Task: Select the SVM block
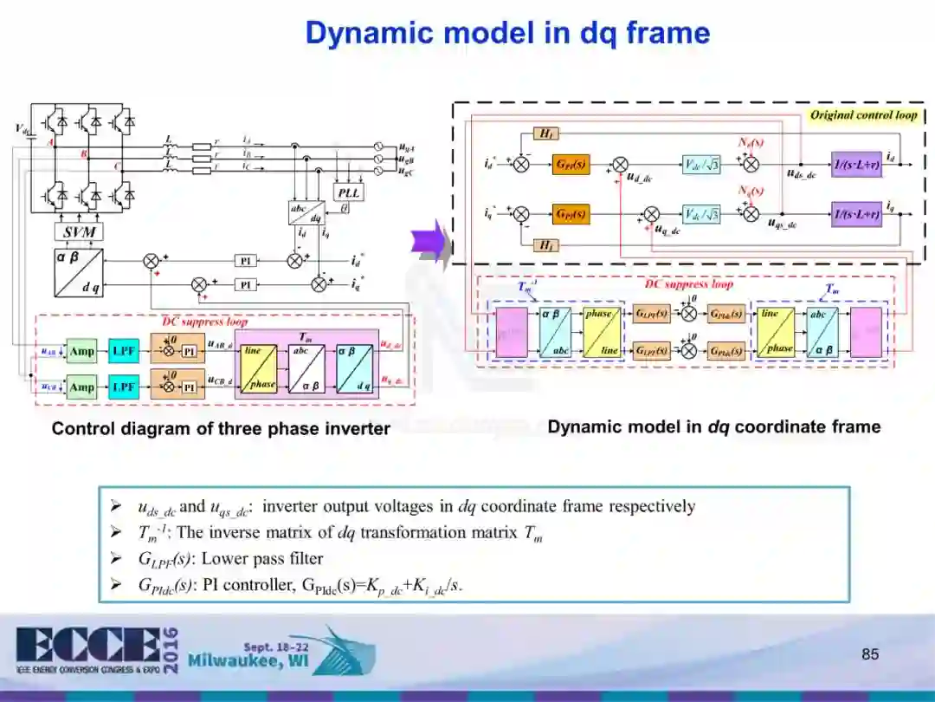pyautogui.click(x=79, y=231)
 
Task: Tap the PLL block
pyautogui.click(x=350, y=192)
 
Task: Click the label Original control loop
pyautogui.click(x=862, y=115)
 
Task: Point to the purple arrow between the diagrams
pyautogui.click(x=430, y=242)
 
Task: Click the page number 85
pyautogui.click(x=870, y=653)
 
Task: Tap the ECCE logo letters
pyautogui.click(x=87, y=646)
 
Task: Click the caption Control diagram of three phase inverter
pyautogui.click(x=221, y=428)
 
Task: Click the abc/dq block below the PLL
pyautogui.click(x=305, y=212)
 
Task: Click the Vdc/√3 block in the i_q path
pyautogui.click(x=702, y=213)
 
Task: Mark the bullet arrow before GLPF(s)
pyautogui.click(x=115, y=558)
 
